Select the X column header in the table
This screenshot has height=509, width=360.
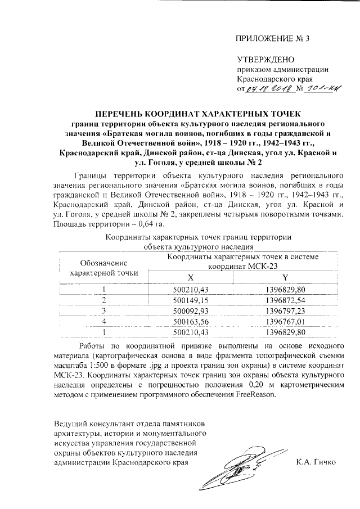(191, 278)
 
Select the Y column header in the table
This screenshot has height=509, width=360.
(285, 278)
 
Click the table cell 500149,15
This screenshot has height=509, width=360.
(191, 300)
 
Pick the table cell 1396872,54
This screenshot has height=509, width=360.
(285, 300)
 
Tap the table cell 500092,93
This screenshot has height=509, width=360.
(191, 310)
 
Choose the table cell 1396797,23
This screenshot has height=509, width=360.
(285, 310)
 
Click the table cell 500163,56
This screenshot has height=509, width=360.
(191, 321)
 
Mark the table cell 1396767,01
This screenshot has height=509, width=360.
(285, 321)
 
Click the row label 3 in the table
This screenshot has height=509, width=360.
(103, 310)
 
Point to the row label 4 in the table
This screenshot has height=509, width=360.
(103, 321)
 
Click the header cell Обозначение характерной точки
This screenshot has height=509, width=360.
(103, 268)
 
